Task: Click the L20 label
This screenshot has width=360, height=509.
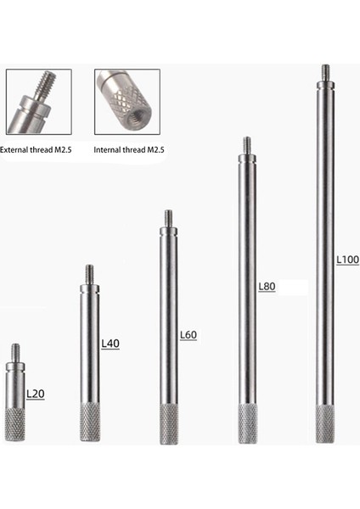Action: (x=35, y=394)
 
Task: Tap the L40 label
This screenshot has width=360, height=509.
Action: (x=110, y=344)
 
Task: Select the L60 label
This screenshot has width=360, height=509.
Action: (x=188, y=335)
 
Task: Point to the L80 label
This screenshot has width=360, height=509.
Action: (x=267, y=287)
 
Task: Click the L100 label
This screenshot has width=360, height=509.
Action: (x=347, y=258)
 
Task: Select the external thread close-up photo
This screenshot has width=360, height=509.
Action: (x=38, y=102)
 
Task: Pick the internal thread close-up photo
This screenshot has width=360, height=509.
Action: (x=127, y=102)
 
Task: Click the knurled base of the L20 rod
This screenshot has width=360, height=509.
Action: (x=15, y=424)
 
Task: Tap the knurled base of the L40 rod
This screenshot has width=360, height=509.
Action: (x=90, y=422)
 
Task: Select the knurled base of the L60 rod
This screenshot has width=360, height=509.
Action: (x=169, y=424)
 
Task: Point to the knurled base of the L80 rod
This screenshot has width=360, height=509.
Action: (x=247, y=424)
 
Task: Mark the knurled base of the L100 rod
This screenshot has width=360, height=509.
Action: (x=325, y=424)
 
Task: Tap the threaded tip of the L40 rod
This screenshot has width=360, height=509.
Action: (x=89, y=274)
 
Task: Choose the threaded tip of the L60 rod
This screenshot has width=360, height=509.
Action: (x=168, y=217)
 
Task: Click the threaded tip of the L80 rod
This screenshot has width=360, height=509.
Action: (x=247, y=144)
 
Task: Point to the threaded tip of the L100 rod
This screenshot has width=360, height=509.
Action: (x=325, y=72)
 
